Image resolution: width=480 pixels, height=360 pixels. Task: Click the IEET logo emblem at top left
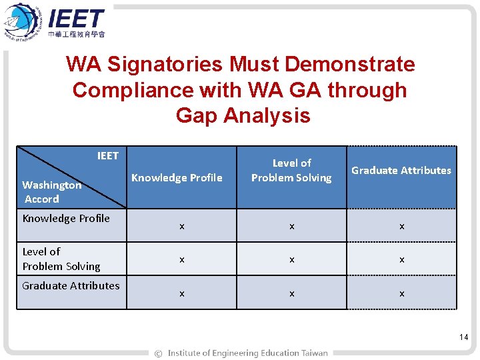pyautogui.click(x=23, y=21)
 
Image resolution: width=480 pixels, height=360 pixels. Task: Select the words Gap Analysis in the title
pyautogui.click(x=243, y=115)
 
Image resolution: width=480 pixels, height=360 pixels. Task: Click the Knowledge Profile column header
pyautogui.click(x=177, y=177)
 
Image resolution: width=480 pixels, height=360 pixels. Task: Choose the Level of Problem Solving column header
pyautogui.click(x=291, y=170)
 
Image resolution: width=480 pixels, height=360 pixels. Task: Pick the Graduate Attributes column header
pyautogui.click(x=401, y=170)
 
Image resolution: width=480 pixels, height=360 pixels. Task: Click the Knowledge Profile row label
pyautogui.click(x=66, y=218)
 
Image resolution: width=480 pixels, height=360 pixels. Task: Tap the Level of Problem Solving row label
pyautogui.click(x=61, y=259)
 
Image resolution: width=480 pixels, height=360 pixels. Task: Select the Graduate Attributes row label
pyautogui.click(x=71, y=285)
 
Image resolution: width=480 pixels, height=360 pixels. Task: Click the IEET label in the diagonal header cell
pyautogui.click(x=107, y=156)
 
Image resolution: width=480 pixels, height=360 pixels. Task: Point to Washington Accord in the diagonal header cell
pyautogui.click(x=51, y=192)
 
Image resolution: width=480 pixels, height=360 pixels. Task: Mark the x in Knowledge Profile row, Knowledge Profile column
pyautogui.click(x=181, y=227)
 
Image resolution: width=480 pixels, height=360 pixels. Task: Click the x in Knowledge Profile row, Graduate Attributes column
pyautogui.click(x=401, y=227)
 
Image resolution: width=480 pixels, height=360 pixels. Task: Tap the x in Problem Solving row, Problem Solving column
pyautogui.click(x=291, y=260)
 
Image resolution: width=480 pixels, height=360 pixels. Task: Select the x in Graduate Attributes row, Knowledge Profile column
pyautogui.click(x=181, y=293)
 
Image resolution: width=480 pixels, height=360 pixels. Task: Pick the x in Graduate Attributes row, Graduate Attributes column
pyautogui.click(x=401, y=293)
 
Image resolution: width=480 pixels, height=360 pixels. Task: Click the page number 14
pyautogui.click(x=464, y=337)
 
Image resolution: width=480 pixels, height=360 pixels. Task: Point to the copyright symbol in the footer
pyautogui.click(x=158, y=353)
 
